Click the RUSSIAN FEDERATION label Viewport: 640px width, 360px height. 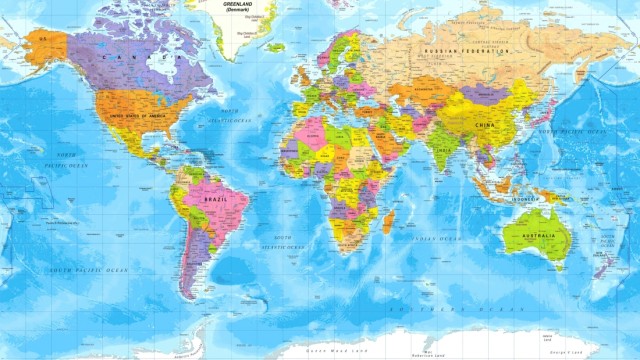click(468, 50)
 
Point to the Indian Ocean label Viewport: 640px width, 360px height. click(435, 239)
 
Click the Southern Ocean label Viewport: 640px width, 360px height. click(480, 310)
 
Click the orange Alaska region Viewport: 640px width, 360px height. click(45, 45)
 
